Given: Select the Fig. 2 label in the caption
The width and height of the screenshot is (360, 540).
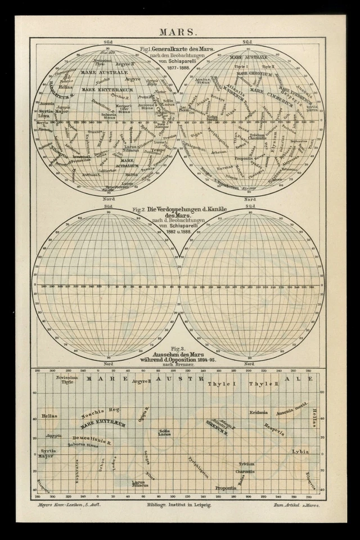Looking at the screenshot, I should [x=138, y=209].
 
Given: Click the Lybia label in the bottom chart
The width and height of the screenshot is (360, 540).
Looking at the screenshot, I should [x=300, y=451].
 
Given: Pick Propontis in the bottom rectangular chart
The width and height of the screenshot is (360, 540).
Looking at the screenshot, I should [x=226, y=488].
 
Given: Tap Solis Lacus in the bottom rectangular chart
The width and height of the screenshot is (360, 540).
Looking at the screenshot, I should [x=164, y=432].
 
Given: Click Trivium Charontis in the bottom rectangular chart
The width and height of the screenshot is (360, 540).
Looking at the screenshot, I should [x=246, y=467].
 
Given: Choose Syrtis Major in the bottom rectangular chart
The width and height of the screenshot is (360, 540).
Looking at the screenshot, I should [x=48, y=453].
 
